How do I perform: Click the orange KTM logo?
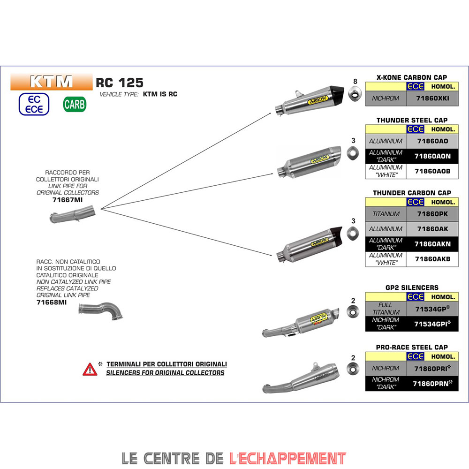[x=52, y=82]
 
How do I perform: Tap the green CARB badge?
[x=75, y=104]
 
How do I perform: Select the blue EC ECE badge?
[x=34, y=104]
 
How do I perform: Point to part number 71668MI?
[x=52, y=302]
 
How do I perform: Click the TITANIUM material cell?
[x=386, y=213]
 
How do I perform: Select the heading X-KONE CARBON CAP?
[x=412, y=77]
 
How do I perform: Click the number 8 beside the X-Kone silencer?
[x=355, y=81]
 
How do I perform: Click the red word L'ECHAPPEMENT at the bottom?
[x=287, y=457]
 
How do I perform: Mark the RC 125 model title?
[x=120, y=83]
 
